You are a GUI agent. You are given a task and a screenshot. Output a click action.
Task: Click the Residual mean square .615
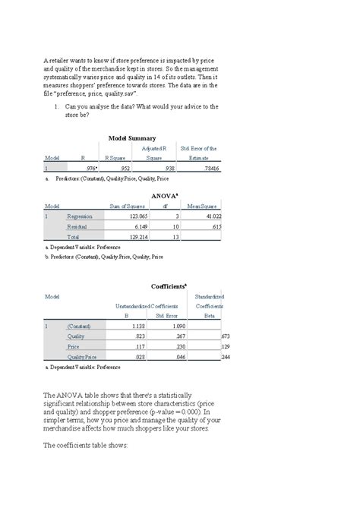point(214,226)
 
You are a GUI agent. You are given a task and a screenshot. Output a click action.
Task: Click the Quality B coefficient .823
point(137,336)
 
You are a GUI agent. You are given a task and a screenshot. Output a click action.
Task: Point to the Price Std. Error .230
point(181,346)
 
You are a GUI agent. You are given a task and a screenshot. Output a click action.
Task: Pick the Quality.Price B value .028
point(137,356)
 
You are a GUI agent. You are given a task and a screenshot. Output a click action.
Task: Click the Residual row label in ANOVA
point(78,226)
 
